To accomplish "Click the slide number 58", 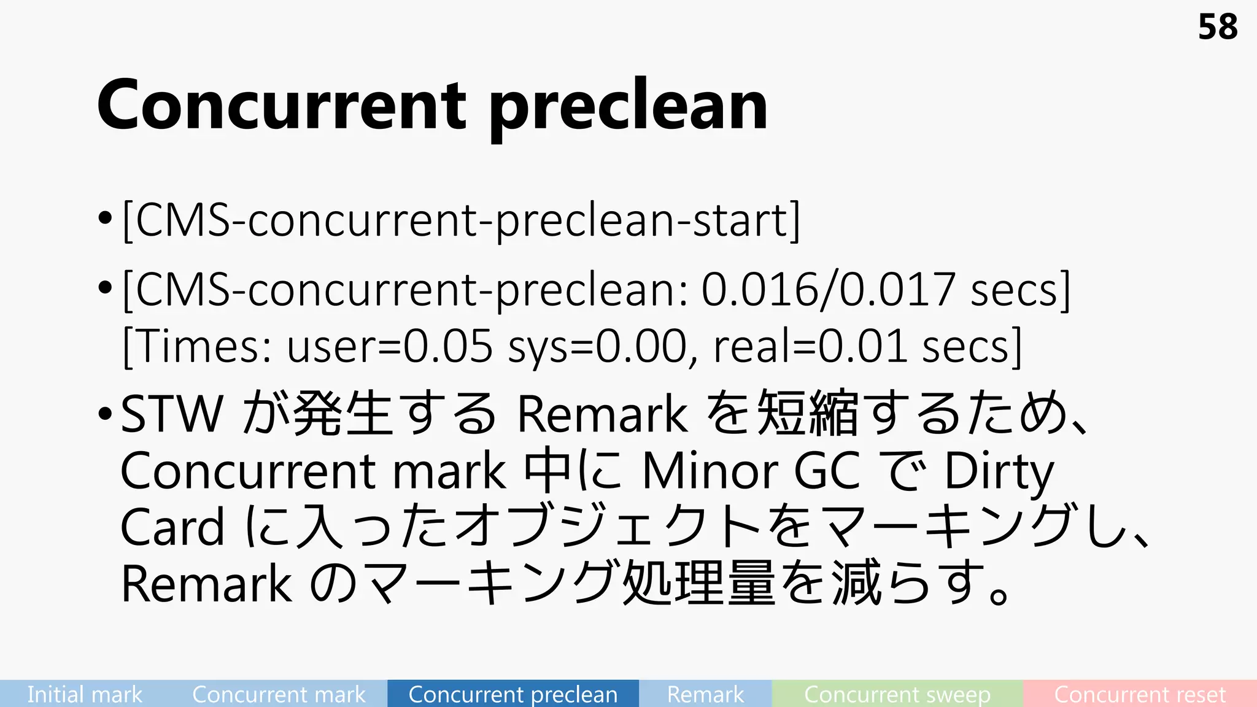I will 1218,28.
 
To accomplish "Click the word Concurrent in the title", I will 281,106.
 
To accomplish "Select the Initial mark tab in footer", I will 84,694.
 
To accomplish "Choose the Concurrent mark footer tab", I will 279,694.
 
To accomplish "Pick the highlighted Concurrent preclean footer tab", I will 513,694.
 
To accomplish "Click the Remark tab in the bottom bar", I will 705,694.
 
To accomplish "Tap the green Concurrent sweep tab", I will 897,694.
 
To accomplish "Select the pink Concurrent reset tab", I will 1140,694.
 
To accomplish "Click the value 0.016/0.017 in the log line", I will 829,289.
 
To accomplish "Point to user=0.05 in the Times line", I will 390,346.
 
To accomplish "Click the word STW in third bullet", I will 172,414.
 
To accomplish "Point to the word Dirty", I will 999,471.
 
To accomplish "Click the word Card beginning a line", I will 172,527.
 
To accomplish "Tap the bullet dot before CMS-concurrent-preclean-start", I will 105,217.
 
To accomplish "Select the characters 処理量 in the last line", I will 698,583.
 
